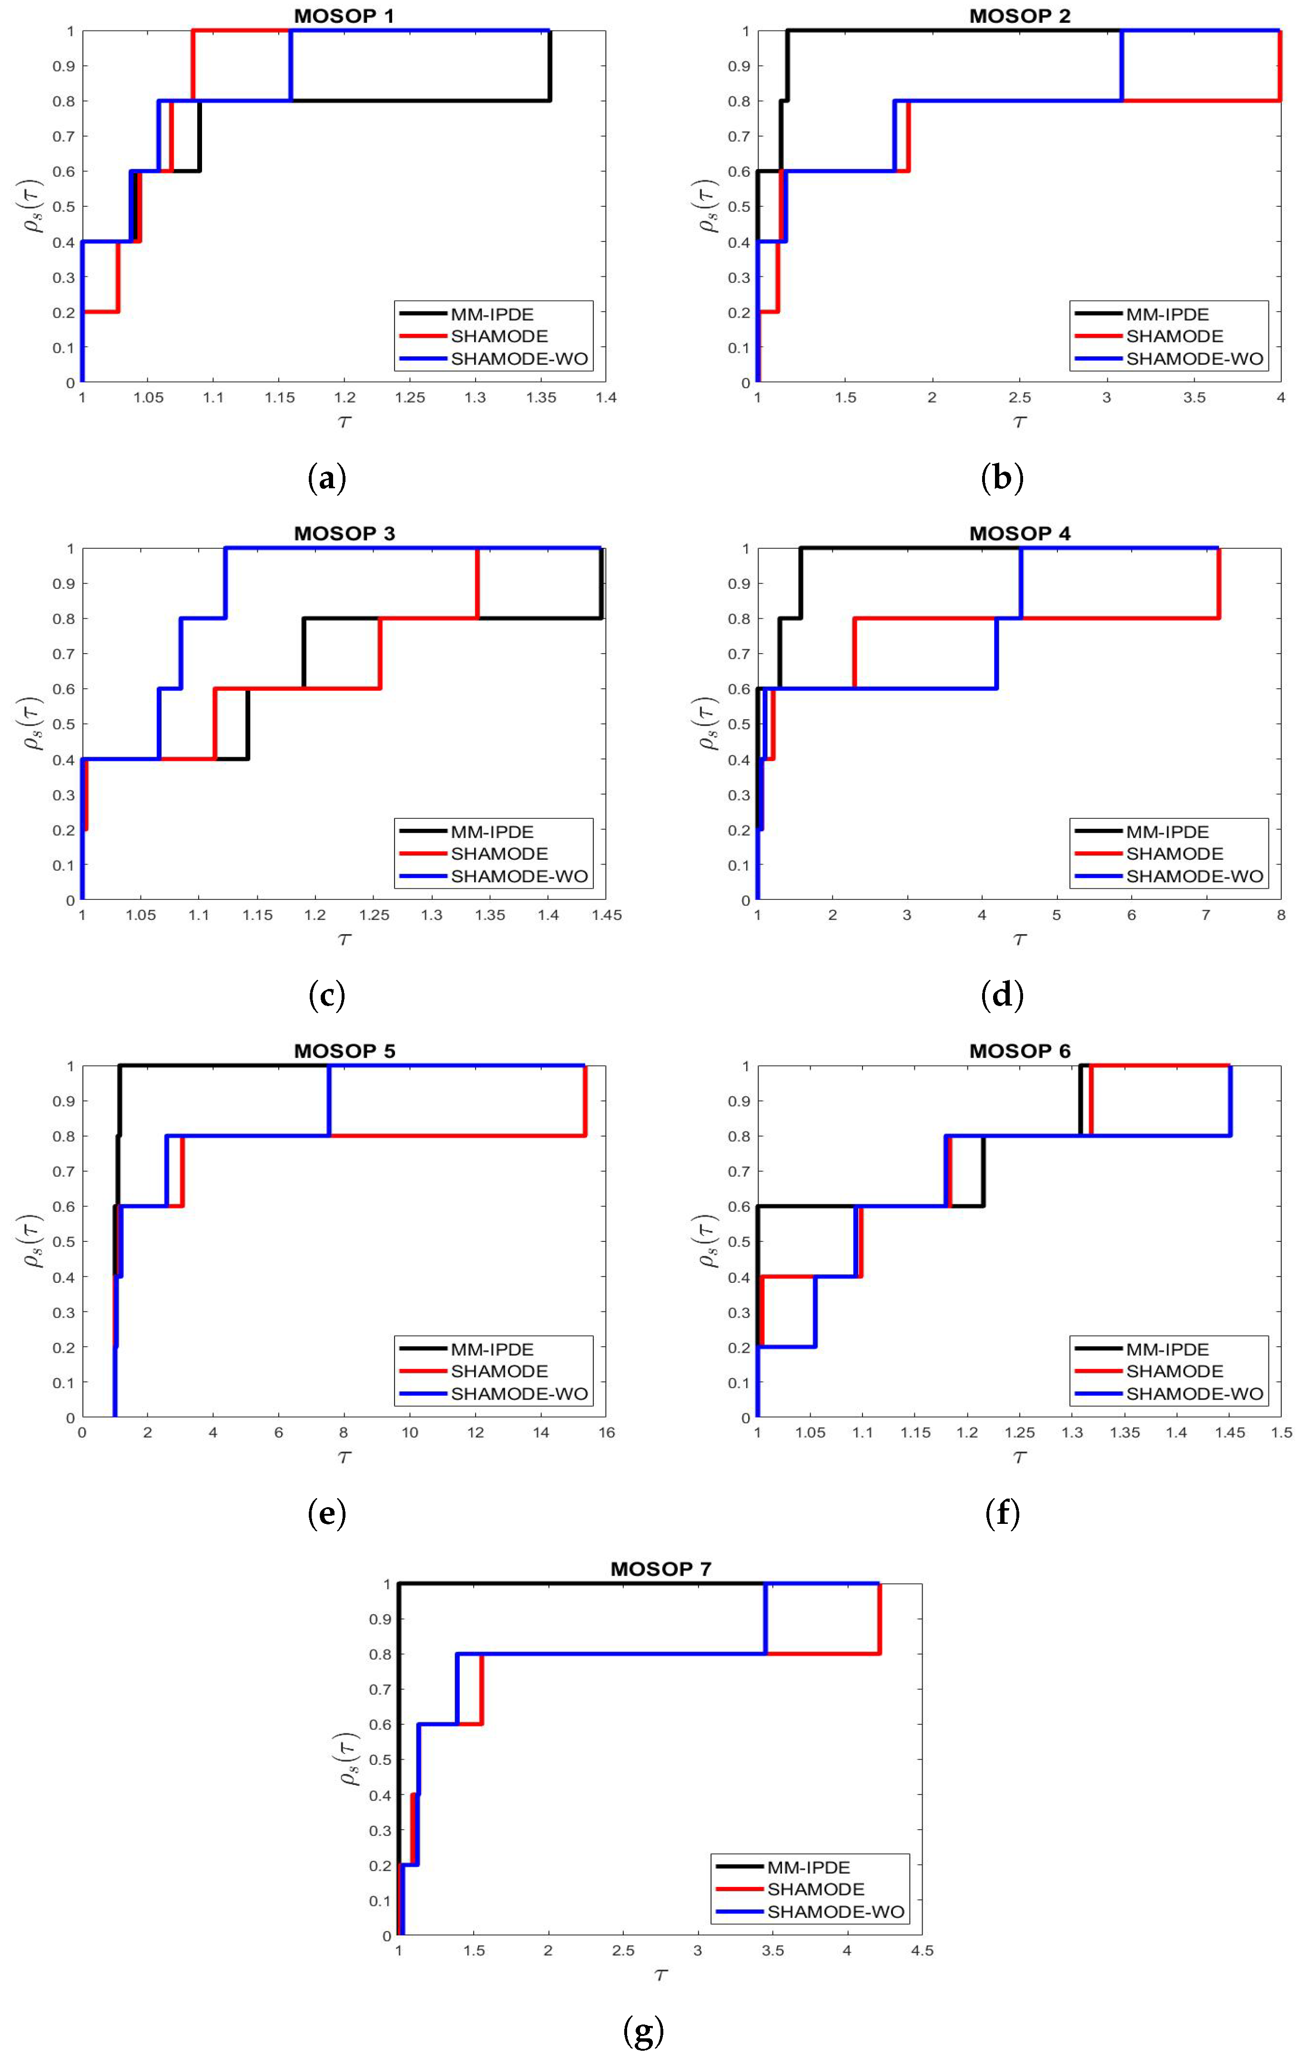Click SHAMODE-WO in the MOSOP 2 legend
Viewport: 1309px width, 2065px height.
click(1194, 359)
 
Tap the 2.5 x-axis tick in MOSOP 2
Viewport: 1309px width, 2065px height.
click(1019, 398)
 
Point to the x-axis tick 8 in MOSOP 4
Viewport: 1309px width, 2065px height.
click(1281, 915)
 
